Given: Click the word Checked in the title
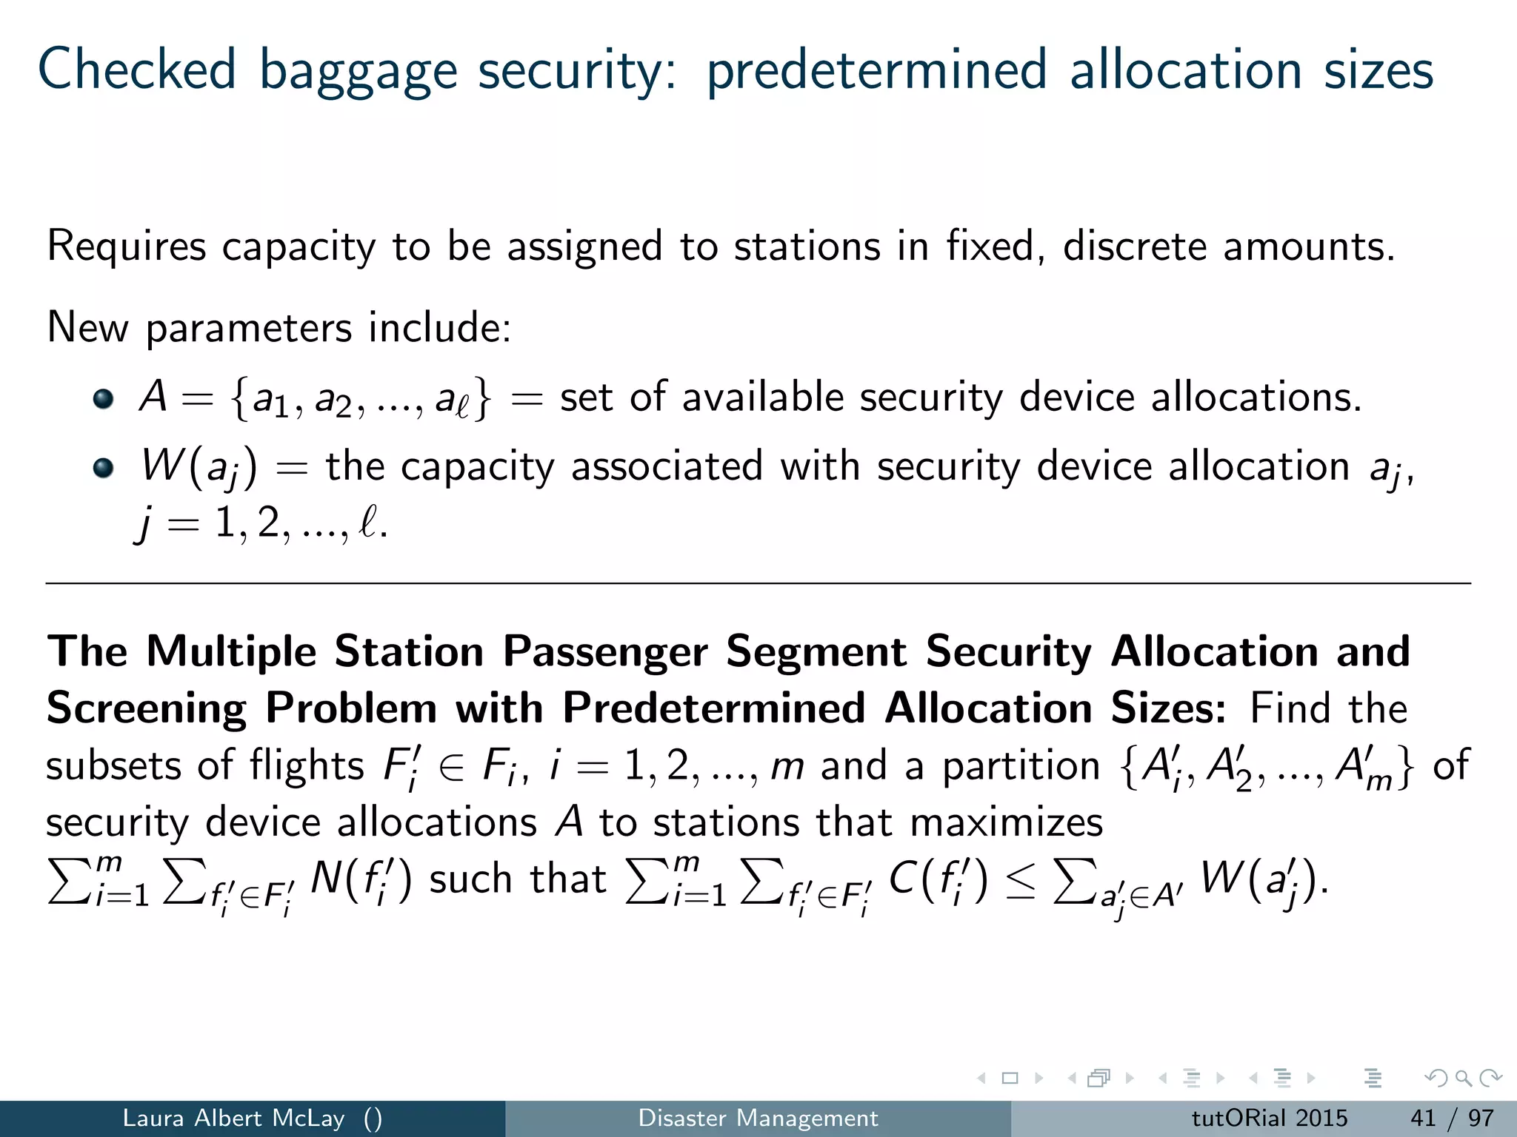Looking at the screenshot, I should [137, 70].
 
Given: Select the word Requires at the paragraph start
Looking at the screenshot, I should [127, 246].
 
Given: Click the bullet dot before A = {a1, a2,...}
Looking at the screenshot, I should [104, 399].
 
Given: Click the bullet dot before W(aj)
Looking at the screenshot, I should [104, 468].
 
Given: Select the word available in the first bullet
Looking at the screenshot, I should [762, 398].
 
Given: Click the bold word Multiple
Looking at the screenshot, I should [231, 652].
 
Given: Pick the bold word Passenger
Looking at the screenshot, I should [605, 652].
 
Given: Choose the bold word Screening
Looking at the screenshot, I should [146, 708].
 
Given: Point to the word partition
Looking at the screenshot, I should [1021, 765].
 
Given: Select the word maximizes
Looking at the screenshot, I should [1007, 822].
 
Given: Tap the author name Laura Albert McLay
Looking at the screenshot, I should [233, 1118].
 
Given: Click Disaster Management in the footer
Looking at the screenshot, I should [758, 1118].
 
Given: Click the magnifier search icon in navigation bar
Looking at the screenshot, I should [1463, 1079].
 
